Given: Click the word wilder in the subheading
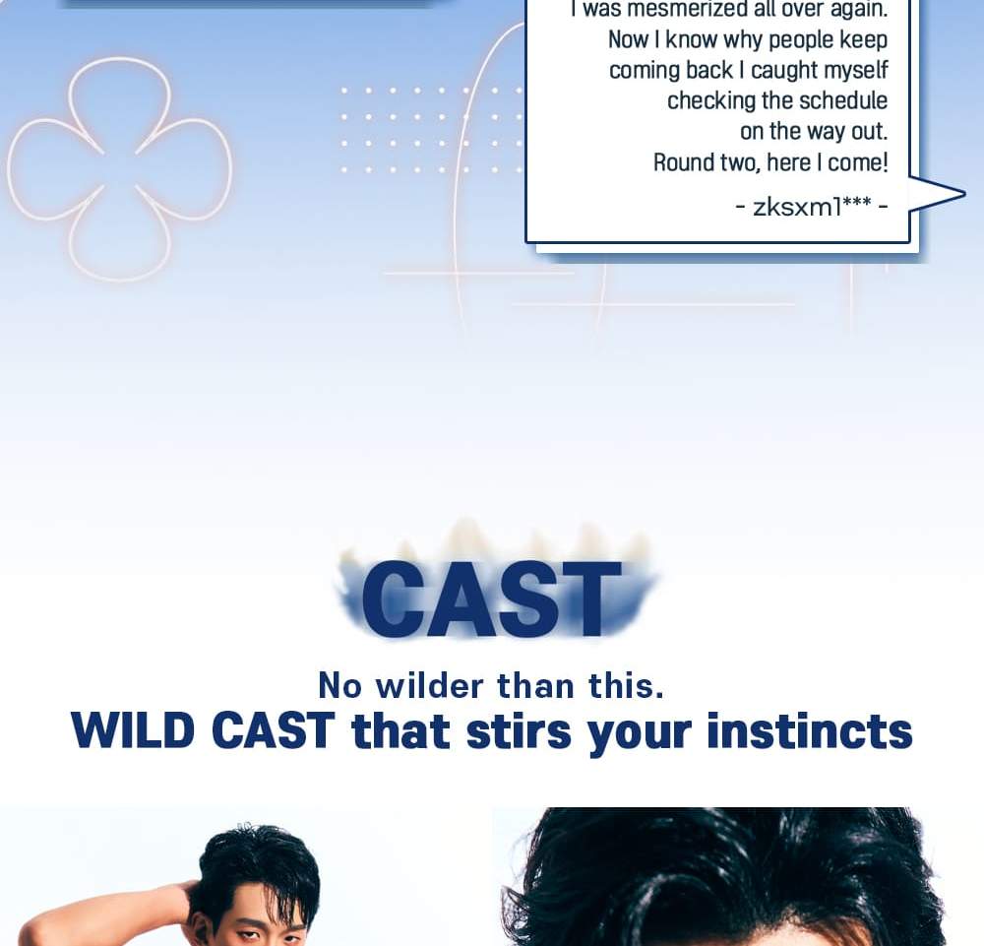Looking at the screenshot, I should [x=430, y=685].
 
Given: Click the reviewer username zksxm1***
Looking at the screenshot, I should [x=812, y=207].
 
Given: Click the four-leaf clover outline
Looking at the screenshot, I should [x=119, y=167].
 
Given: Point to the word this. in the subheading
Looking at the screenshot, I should [x=627, y=685].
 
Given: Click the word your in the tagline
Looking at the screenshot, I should [x=640, y=733].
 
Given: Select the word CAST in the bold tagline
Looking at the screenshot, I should [x=274, y=731].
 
